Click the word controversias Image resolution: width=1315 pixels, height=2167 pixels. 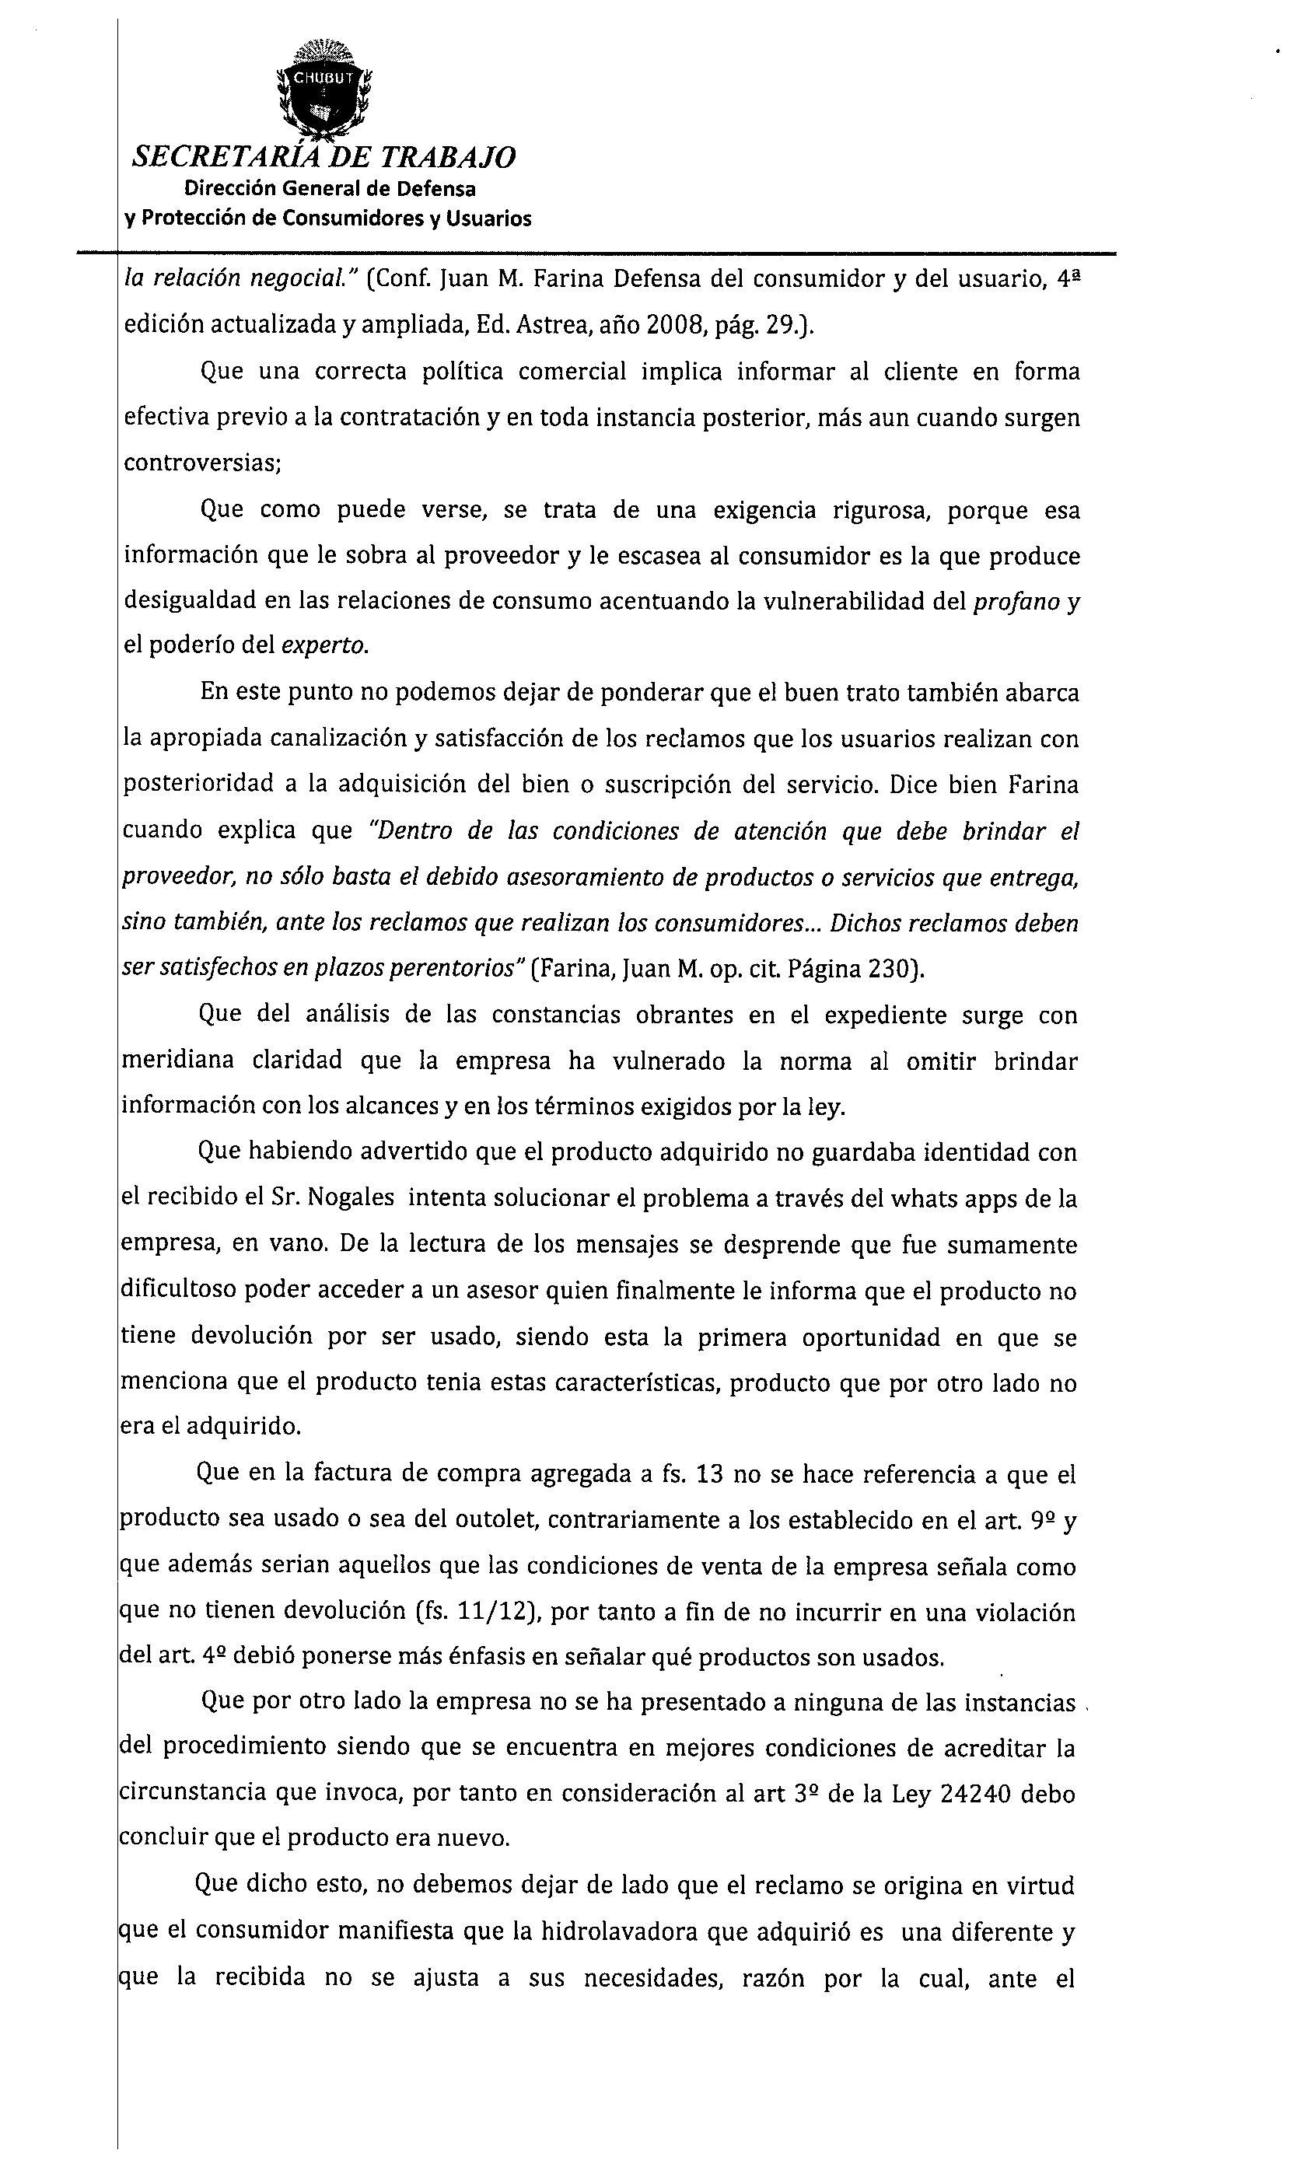[x=200, y=463]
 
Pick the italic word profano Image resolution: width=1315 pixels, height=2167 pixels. [x=1016, y=602]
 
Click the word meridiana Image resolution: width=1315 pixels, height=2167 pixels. [x=177, y=1061]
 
